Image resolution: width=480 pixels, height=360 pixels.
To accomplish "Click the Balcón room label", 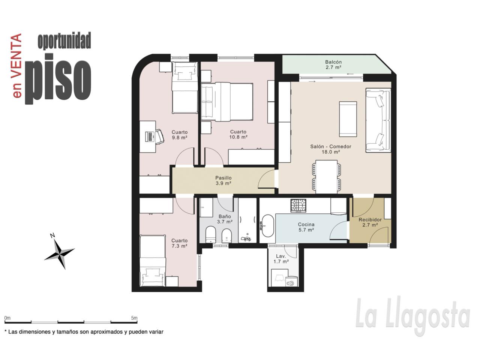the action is click(333, 62).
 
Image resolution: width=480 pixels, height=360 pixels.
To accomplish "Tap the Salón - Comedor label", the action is click(330, 147).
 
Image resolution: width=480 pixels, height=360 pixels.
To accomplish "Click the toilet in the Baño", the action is click(211, 234).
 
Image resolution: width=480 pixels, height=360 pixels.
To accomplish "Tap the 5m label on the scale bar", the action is click(134, 318).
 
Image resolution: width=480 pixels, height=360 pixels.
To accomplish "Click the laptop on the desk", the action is click(150, 137).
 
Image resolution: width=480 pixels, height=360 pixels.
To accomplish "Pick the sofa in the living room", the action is click(378, 120).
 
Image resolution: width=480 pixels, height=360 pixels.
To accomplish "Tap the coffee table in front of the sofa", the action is click(348, 119).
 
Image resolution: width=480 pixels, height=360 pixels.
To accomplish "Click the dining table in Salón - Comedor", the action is click(327, 177).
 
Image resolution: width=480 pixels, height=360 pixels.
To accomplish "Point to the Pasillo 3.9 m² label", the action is click(223, 180).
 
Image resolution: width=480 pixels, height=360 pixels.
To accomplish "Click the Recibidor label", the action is click(370, 220).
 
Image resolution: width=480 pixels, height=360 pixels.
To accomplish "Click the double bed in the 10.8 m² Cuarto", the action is click(227, 101).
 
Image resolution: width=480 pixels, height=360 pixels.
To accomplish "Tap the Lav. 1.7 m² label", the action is click(281, 259).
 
